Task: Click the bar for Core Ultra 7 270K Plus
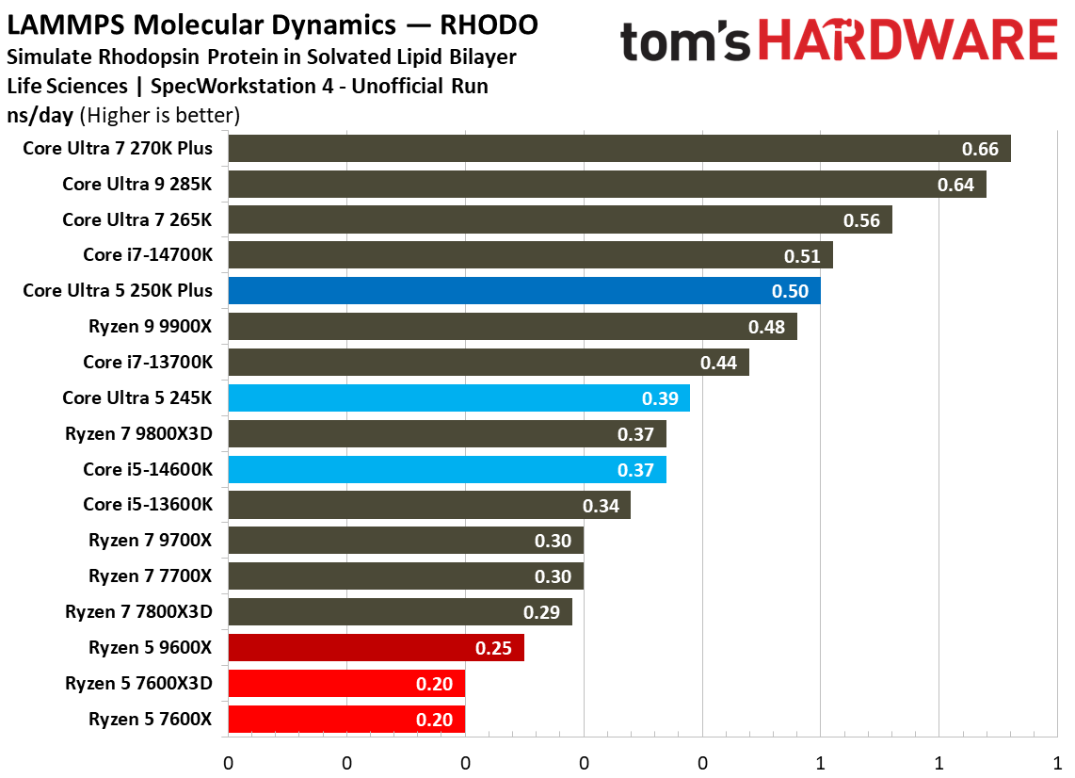tap(618, 149)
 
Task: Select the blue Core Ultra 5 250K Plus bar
tap(523, 291)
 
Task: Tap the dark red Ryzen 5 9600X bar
tap(376, 648)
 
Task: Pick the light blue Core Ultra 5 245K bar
tap(458, 398)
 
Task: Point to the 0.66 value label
tap(980, 149)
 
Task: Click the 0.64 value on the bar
tap(955, 185)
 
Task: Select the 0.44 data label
tap(718, 363)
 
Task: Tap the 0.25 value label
tap(493, 648)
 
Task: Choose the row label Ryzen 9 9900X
tap(151, 327)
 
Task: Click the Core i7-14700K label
tap(148, 255)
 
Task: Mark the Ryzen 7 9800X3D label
tap(138, 434)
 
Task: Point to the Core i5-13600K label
tap(148, 505)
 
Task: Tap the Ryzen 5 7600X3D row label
tap(138, 683)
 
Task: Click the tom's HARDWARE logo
tap(839, 42)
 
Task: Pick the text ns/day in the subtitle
tap(40, 116)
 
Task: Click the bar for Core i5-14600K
tap(446, 469)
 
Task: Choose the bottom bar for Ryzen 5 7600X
tap(345, 719)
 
